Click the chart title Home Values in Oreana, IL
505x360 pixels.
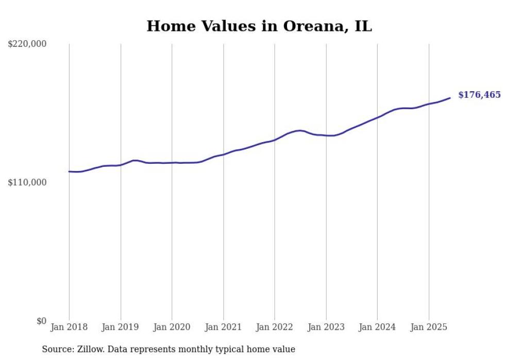(x=259, y=26)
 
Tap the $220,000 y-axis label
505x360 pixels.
(x=27, y=44)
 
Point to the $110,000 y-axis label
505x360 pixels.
(x=27, y=182)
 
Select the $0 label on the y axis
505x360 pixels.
(x=41, y=321)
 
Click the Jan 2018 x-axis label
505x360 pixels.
(x=69, y=327)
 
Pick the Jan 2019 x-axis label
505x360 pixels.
(x=121, y=327)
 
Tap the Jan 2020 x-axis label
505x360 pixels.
(x=172, y=327)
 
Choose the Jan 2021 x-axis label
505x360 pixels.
(x=223, y=327)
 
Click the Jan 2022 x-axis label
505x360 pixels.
(x=275, y=327)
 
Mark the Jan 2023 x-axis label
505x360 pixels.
(x=326, y=327)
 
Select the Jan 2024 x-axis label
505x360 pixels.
(x=377, y=327)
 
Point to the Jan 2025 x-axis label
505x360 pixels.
(x=429, y=327)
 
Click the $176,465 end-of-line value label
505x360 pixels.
(x=479, y=95)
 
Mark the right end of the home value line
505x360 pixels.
(x=450, y=98)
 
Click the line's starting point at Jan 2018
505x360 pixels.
(x=69, y=172)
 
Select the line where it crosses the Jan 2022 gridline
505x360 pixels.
(x=275, y=140)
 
